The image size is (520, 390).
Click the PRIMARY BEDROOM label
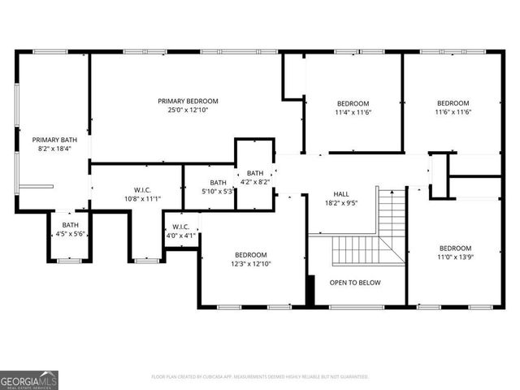[x=188, y=101]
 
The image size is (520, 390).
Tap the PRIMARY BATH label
[x=54, y=140]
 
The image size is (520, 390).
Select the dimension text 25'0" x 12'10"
[x=188, y=110]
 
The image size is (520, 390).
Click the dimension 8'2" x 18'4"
[x=54, y=149]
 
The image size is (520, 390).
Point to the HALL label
[x=341, y=194]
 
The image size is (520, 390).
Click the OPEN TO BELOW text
[x=355, y=283]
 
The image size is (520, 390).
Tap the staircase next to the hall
[x=382, y=236]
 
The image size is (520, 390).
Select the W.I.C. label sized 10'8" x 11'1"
[x=132, y=190]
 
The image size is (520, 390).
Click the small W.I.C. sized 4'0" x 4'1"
[x=180, y=227]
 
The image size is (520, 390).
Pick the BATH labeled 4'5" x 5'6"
[x=71, y=225]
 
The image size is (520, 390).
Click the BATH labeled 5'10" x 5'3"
[x=218, y=183]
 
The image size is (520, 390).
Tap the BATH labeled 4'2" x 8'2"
[x=255, y=173]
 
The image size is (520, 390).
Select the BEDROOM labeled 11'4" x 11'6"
[x=353, y=103]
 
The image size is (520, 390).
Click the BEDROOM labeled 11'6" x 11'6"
[x=453, y=103]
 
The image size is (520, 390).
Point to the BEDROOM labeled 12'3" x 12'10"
[x=251, y=254]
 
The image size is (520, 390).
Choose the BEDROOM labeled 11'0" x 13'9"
[x=455, y=248]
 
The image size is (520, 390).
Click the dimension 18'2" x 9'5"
[x=341, y=203]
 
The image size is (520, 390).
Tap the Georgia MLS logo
[x=28, y=380]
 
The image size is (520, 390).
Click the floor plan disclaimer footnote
[x=260, y=377]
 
